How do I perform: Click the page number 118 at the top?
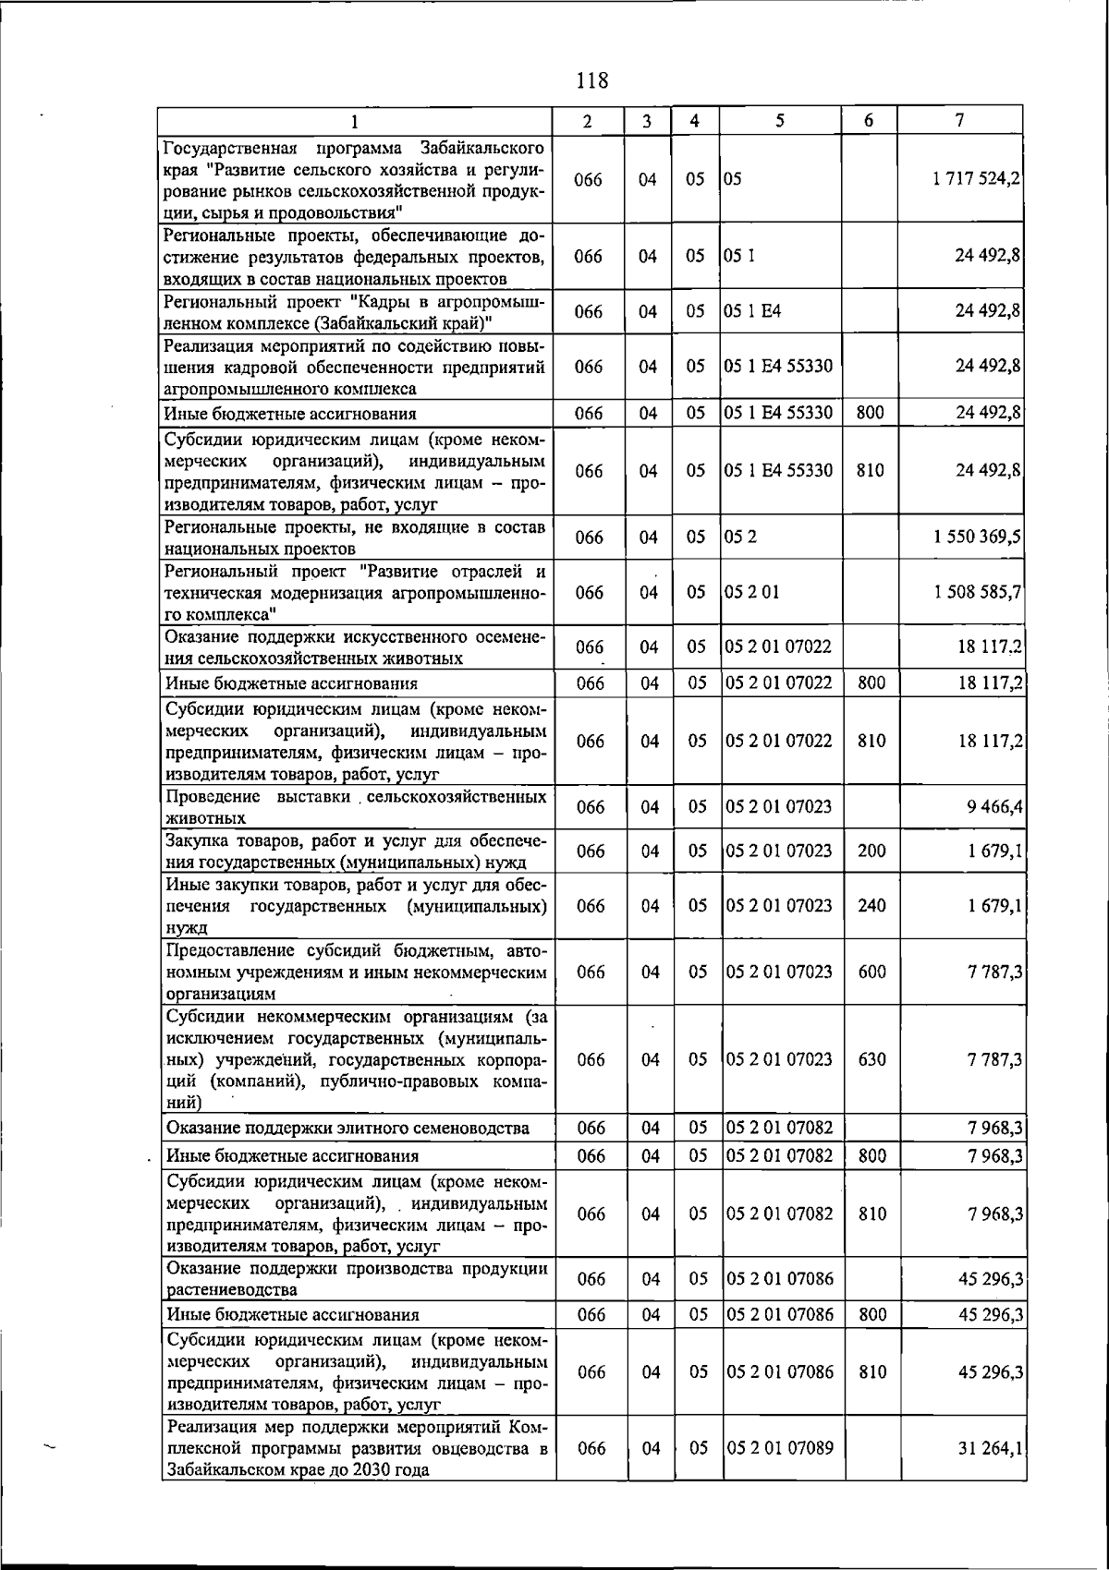pyautogui.click(x=591, y=80)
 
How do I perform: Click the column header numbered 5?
pyautogui.click(x=780, y=121)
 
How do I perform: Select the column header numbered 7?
pyautogui.click(x=961, y=121)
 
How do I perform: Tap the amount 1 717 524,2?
pyautogui.click(x=977, y=180)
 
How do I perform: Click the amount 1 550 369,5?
pyautogui.click(x=977, y=537)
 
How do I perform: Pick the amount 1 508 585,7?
pyautogui.click(x=977, y=592)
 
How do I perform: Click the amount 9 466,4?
pyautogui.click(x=990, y=807)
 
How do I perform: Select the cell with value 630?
pyautogui.click(x=871, y=1059)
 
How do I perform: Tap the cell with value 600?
pyautogui.click(x=871, y=972)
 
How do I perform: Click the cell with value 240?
pyautogui.click(x=871, y=906)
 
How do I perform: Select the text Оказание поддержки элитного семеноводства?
pyautogui.click(x=347, y=1128)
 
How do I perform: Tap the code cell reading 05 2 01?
pyautogui.click(x=752, y=592)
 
